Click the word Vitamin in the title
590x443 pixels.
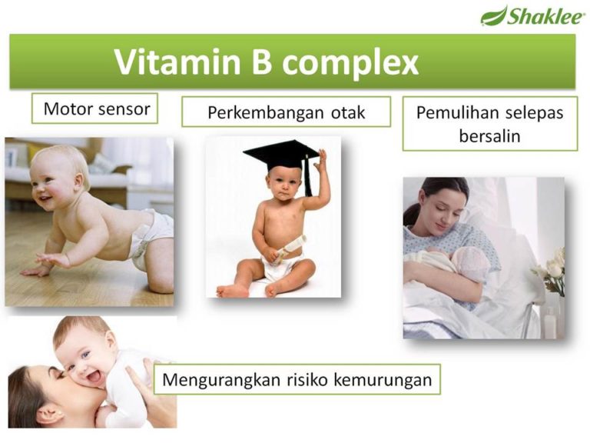pyautogui.click(x=177, y=62)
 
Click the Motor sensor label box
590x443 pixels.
pyautogui.click(x=94, y=108)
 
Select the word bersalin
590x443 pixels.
pyautogui.click(x=489, y=136)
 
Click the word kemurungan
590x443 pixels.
pyautogui.click(x=383, y=380)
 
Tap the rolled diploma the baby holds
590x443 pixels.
pyautogui.click(x=290, y=249)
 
